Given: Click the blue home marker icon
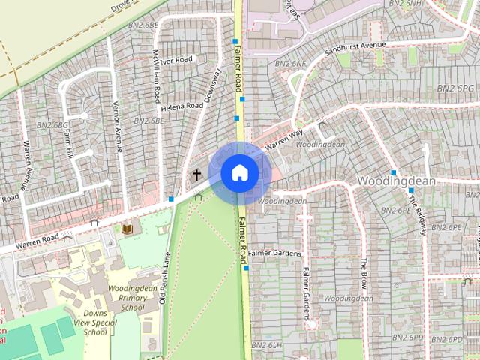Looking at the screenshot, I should point(239,172).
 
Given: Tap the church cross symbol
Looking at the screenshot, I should point(196,175).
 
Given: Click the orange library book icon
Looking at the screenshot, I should point(127,227).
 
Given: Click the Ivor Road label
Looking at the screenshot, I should point(177,59).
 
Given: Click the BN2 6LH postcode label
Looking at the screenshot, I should point(266,344).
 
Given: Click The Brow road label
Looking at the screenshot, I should point(364,274).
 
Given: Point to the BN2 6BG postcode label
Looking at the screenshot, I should point(52,124).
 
